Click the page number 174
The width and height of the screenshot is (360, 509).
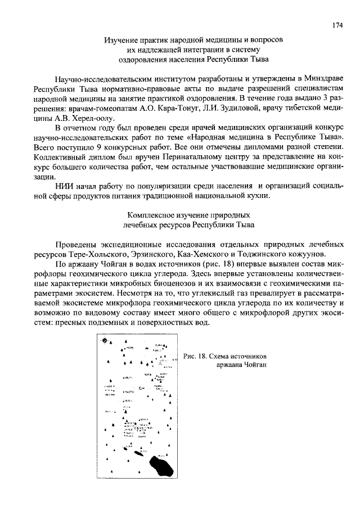click(x=337, y=25)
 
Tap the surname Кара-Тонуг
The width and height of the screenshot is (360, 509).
click(x=182, y=109)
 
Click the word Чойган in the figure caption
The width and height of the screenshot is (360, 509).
click(x=253, y=364)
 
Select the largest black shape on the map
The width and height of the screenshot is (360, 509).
click(x=163, y=465)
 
